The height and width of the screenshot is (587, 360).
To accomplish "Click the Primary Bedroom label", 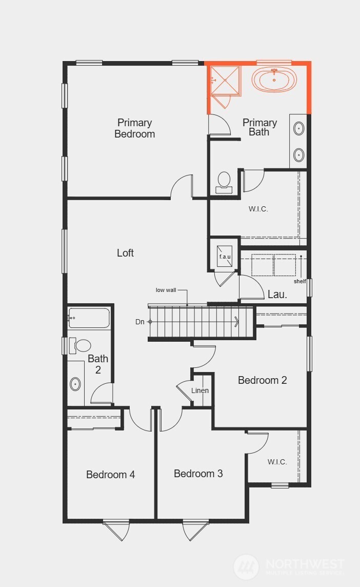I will [134, 128].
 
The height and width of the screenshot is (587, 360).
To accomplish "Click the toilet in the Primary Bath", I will [224, 182].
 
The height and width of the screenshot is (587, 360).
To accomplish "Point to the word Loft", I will [125, 252].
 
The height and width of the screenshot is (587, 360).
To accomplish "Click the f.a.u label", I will [225, 256].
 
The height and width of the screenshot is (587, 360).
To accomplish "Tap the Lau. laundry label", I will [277, 295].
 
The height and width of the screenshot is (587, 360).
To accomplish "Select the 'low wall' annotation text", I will [166, 290].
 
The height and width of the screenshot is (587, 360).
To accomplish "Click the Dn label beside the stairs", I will [139, 322].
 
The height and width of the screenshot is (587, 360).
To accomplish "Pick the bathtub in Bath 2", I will [89, 318].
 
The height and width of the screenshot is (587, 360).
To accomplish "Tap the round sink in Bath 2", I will [75, 383].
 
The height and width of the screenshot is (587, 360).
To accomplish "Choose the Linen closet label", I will [200, 390].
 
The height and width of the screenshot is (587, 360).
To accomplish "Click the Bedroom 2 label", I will [263, 380].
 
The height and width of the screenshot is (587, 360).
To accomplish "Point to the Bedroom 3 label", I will [198, 474].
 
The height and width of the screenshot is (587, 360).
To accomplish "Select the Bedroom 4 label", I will [110, 475].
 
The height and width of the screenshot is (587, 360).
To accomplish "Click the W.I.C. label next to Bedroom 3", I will [277, 462].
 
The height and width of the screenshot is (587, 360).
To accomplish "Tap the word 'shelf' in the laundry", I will [300, 281].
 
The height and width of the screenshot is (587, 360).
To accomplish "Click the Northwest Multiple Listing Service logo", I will [289, 566].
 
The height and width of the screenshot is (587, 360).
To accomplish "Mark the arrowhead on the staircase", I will [236, 322].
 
